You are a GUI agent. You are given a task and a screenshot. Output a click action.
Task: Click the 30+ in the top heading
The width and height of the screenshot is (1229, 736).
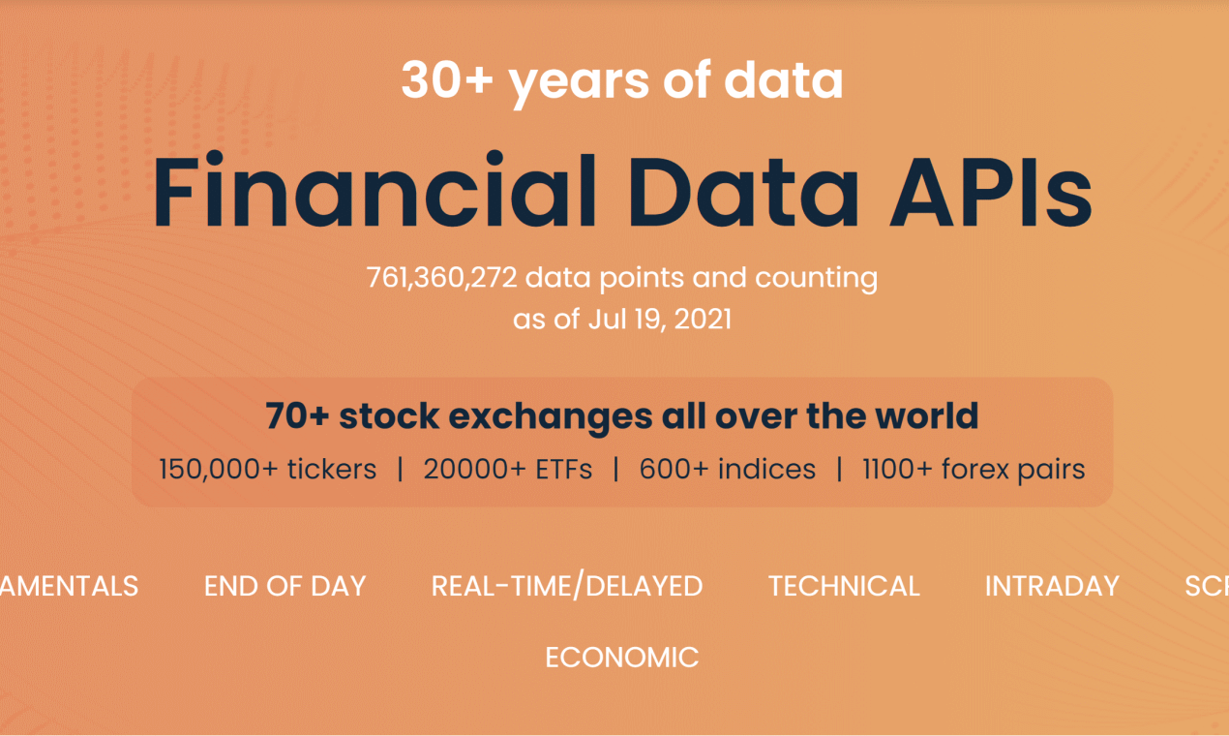coord(446,80)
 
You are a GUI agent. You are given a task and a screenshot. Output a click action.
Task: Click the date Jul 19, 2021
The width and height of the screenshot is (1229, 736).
coord(659,319)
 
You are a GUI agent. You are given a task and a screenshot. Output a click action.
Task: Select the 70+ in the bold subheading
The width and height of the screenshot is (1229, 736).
coord(296,416)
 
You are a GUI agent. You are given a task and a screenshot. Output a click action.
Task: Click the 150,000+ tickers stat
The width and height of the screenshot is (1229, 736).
coord(268,470)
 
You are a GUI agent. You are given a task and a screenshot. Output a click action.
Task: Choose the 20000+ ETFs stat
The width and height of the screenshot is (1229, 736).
coord(507,470)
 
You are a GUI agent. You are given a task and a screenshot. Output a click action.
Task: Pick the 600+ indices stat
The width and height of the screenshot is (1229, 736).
coord(728,470)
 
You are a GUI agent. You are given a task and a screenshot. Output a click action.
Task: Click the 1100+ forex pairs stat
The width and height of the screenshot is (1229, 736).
coord(974,470)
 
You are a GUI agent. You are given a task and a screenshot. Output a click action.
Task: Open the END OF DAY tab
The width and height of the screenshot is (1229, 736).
coord(285,586)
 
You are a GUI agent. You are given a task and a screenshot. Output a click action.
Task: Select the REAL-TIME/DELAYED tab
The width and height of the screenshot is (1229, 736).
coord(567,586)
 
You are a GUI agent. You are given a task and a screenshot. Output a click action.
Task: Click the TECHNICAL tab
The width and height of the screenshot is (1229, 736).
coord(844,586)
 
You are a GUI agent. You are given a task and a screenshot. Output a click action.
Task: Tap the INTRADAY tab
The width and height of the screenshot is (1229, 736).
coord(1052,586)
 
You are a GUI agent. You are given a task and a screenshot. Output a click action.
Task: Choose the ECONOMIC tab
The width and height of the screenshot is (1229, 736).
coord(621,658)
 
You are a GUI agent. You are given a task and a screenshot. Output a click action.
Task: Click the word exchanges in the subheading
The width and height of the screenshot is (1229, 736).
coord(495,416)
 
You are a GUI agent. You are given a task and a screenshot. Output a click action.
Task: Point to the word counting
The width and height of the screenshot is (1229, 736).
coord(816,278)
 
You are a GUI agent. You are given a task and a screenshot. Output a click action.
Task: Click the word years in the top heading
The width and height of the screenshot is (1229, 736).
coord(579,80)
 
